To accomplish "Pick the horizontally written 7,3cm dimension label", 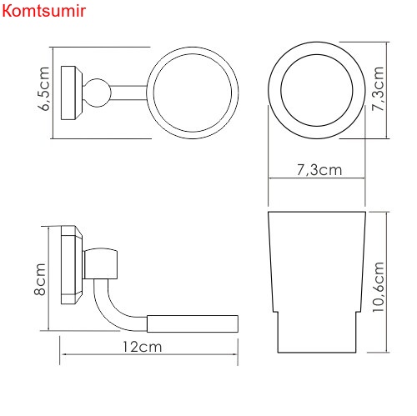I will tap(319, 170).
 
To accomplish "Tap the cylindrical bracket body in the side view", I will tap(105, 263).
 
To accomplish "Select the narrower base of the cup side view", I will tap(317, 337).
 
